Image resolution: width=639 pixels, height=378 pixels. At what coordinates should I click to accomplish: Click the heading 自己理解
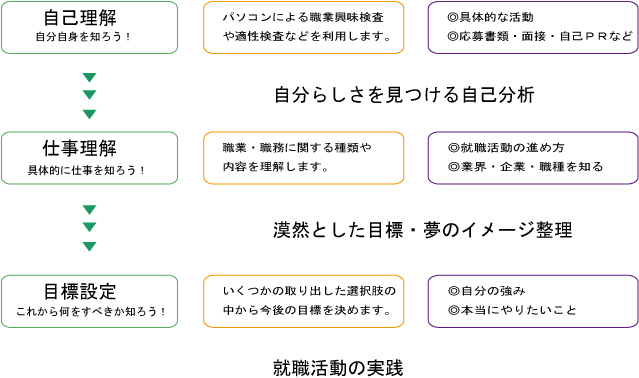tap(80, 18)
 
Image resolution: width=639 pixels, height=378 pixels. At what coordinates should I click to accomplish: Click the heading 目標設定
tap(80, 291)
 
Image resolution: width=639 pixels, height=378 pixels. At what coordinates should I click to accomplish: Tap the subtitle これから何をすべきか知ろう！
tap(90, 311)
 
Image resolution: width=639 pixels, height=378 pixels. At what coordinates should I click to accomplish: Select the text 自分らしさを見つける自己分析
tap(404, 95)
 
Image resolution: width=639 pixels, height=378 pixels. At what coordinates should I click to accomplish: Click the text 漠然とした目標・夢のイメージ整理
tap(422, 230)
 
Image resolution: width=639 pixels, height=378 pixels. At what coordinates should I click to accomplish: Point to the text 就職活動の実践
tap(338, 367)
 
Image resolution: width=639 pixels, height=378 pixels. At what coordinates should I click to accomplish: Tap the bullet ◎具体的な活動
tap(491, 18)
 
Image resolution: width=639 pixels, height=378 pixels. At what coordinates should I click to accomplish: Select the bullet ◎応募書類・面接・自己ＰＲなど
tap(540, 37)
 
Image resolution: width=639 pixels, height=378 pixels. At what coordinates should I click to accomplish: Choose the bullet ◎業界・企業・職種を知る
tap(525, 166)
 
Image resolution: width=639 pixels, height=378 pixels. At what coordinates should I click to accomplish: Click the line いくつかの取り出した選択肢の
tap(309, 290)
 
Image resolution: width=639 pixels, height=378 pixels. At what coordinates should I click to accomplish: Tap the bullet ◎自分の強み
tap(486, 290)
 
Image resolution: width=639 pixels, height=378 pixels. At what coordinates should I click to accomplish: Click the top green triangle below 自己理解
tap(89, 78)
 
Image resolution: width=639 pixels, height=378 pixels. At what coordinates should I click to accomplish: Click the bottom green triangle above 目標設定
tap(89, 246)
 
